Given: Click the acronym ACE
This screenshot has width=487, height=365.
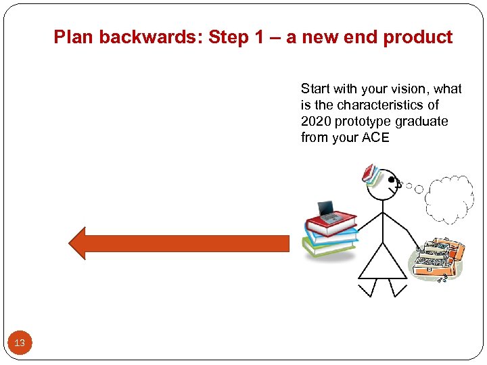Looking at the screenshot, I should click(x=376, y=138).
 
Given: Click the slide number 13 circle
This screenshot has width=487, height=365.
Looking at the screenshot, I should click(x=20, y=343).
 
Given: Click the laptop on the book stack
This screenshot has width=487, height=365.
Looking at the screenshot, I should click(x=329, y=212).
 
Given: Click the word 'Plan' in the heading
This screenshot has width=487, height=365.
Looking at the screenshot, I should click(x=74, y=37).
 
